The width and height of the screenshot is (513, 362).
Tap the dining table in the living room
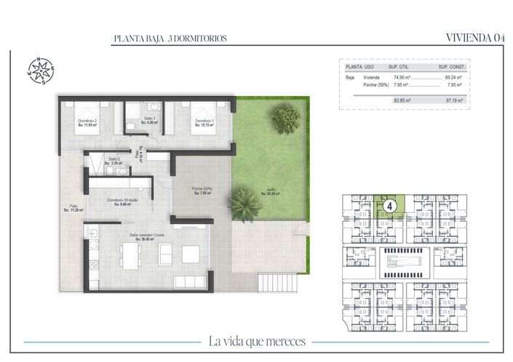click(131, 255)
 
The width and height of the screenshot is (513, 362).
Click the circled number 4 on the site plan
click(391, 206)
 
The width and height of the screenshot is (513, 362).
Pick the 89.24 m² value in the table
click(454, 76)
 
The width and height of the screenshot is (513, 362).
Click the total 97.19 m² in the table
click(454, 100)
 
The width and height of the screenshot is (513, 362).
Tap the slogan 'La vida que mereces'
click(256, 341)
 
